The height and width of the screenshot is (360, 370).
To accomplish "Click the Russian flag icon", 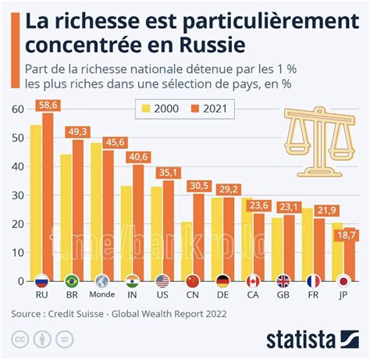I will tap(42, 280).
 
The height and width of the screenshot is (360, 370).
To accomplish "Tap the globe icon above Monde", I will tap(101, 280).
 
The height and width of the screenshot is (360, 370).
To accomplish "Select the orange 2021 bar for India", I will tap(137, 223).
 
